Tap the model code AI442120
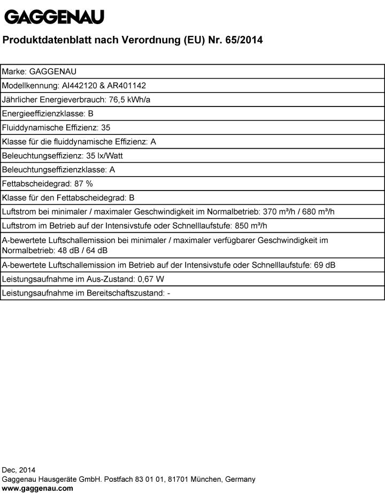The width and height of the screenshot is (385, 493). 78,86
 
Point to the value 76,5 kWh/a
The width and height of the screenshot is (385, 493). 130,100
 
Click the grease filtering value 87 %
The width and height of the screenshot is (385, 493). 83,184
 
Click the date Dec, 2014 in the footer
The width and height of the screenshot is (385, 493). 19,470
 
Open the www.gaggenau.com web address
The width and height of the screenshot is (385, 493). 37,488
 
